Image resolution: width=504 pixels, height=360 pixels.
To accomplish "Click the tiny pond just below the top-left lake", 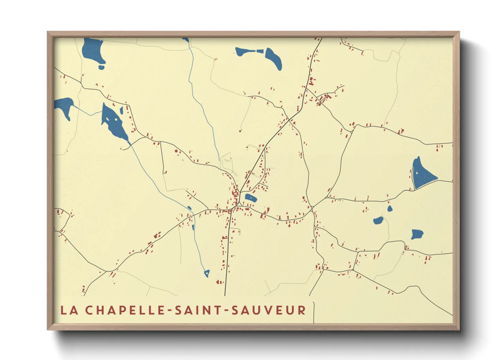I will [x=101, y=67].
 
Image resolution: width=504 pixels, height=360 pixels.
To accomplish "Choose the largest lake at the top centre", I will [x=274, y=59].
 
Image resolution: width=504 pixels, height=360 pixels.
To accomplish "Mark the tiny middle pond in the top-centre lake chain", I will [x=260, y=51].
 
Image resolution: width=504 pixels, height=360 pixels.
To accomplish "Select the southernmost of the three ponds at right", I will [x=416, y=234].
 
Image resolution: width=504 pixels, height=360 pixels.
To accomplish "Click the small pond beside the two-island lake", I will [x=121, y=110].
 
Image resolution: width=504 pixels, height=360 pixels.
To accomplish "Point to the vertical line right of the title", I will [x=314, y=312].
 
